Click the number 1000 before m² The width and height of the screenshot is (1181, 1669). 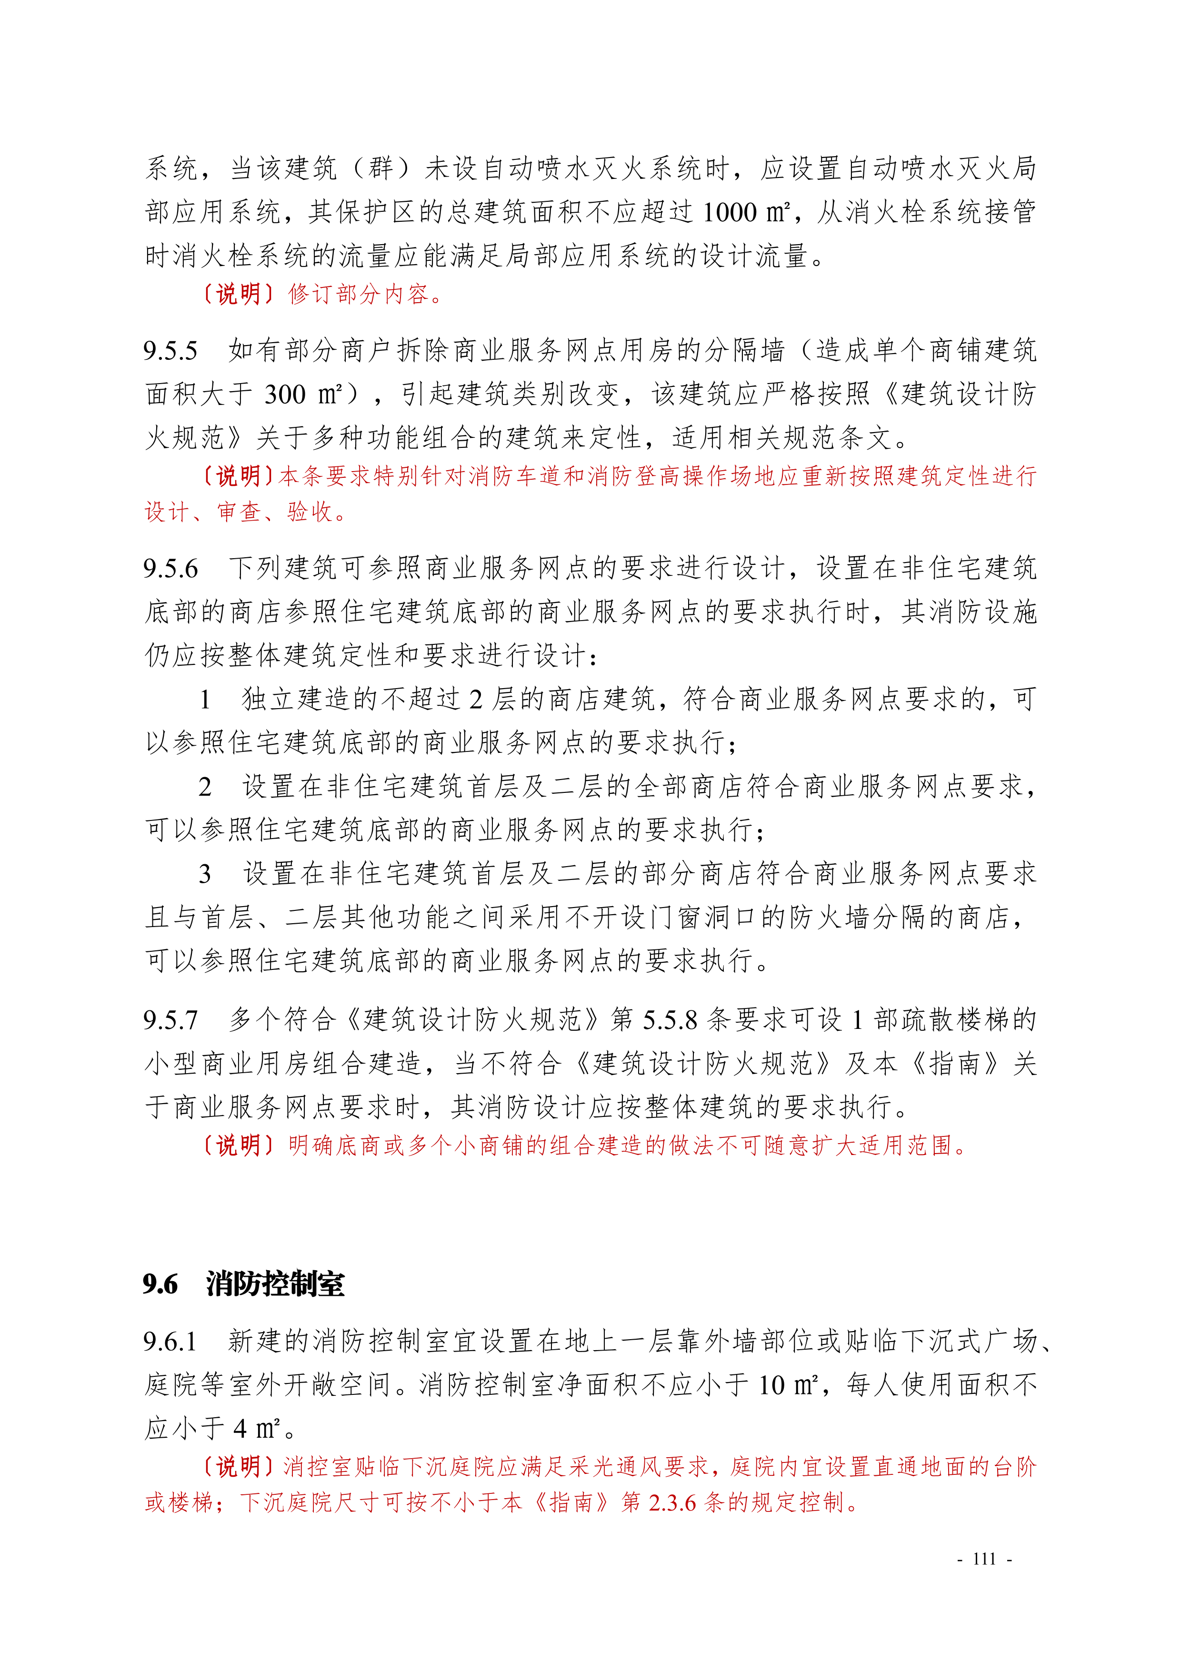point(730,212)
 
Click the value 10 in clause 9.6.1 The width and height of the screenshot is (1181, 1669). point(771,1385)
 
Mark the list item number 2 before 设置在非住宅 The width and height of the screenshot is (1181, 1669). point(206,787)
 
